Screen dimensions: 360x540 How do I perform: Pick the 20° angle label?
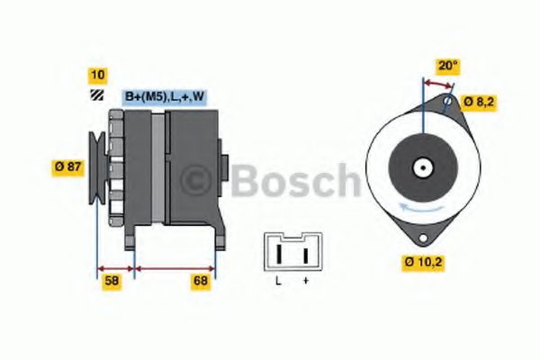pyautogui.click(x=447, y=65)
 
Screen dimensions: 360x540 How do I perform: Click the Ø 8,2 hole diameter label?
pyautogui.click(x=479, y=102)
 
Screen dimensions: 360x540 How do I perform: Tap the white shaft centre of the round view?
pyautogui.click(x=421, y=167)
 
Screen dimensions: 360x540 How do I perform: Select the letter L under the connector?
pyautogui.click(x=278, y=282)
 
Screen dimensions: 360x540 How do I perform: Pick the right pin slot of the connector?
pyautogui.click(x=305, y=256)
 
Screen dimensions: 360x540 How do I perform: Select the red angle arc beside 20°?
pyautogui.click(x=437, y=82)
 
